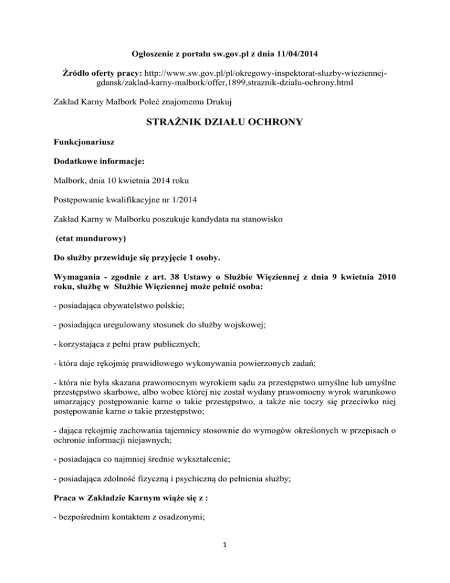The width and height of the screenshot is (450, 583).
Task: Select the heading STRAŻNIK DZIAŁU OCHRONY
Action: tap(225, 123)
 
